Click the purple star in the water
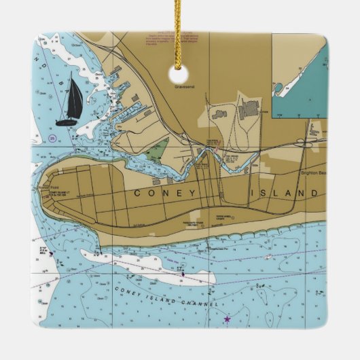point(227,319)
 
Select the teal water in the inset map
point(305,95)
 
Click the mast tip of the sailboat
point(70,73)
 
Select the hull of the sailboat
point(67,122)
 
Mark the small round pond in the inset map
point(278,88)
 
